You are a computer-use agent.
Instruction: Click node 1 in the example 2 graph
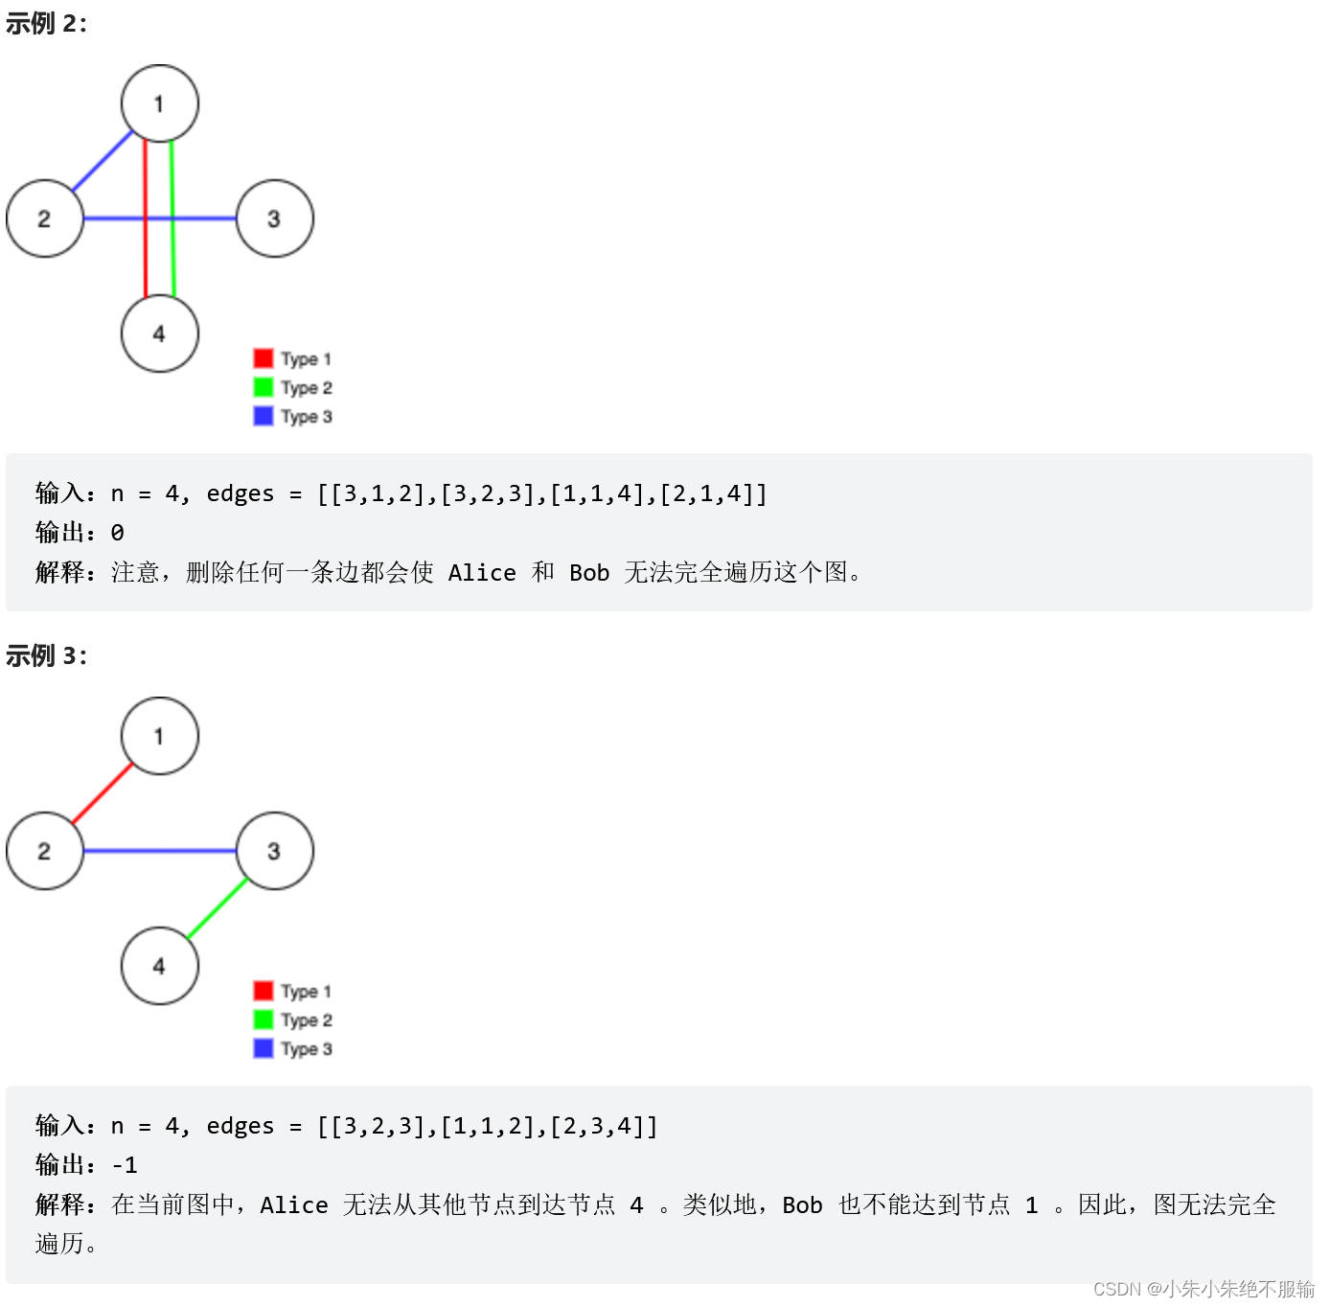pyautogui.click(x=160, y=103)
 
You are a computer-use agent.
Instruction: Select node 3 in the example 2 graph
pyautogui.click(x=275, y=218)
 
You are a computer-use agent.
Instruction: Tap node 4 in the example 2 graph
pyautogui.click(x=160, y=333)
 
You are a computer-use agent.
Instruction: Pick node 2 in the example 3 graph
pyautogui.click(x=45, y=851)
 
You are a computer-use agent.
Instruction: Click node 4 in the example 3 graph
pyautogui.click(x=160, y=966)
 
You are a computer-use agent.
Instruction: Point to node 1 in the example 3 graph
pyautogui.click(x=160, y=736)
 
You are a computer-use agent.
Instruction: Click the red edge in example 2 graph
pyautogui.click(x=146, y=259)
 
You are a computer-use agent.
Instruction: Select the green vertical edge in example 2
pyautogui.click(x=172, y=259)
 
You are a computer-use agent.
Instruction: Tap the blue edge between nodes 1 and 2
pyautogui.click(x=103, y=161)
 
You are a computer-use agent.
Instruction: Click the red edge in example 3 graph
pyautogui.click(x=103, y=793)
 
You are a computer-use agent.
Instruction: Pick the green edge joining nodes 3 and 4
pyautogui.click(x=218, y=908)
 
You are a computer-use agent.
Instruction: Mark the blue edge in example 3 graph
pyautogui.click(x=160, y=851)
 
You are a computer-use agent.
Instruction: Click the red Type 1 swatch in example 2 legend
pyautogui.click(x=264, y=358)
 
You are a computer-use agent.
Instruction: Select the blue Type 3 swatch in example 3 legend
pyautogui.click(x=264, y=1048)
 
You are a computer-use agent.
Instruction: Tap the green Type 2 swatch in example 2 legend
pyautogui.click(x=264, y=387)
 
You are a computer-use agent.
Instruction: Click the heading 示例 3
pyautogui.click(x=46, y=656)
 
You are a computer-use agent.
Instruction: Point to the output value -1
pyautogui.click(x=125, y=1165)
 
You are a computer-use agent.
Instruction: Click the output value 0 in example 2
pyautogui.click(x=117, y=533)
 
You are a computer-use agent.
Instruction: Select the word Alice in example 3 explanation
pyautogui.click(x=293, y=1205)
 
